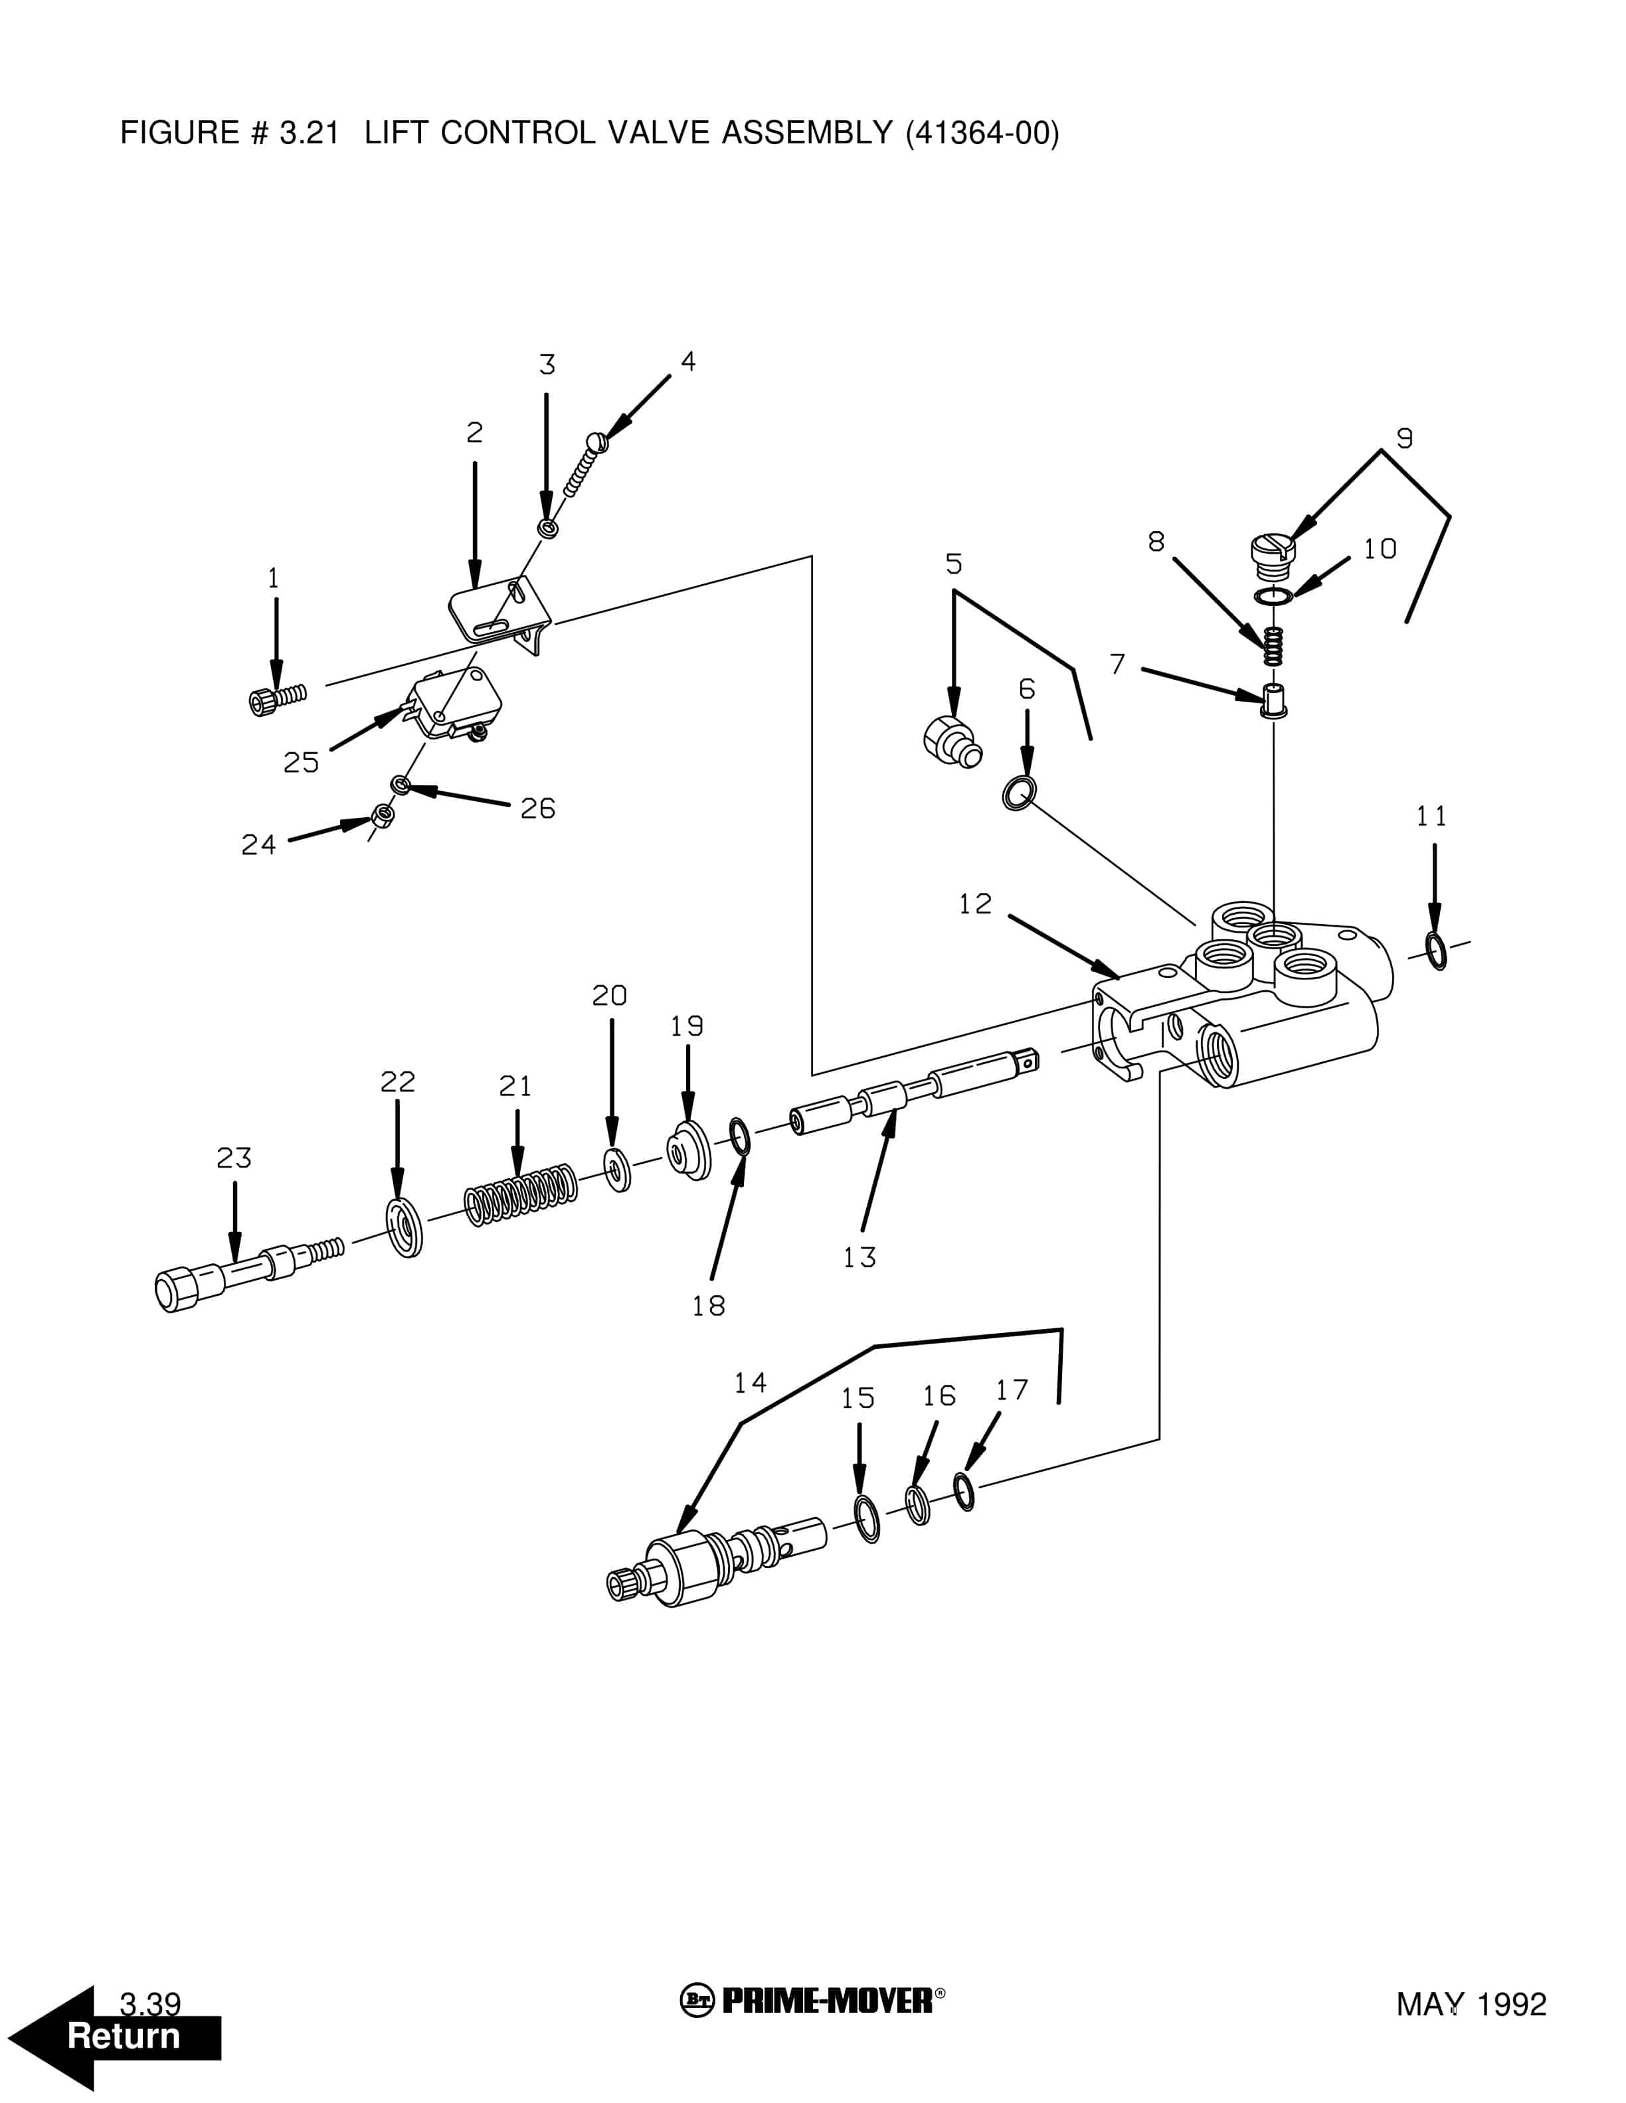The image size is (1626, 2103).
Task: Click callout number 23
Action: (x=234, y=1158)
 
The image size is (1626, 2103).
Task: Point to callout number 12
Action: (x=975, y=904)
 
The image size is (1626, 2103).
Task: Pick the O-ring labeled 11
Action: (x=1435, y=951)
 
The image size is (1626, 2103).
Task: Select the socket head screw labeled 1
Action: (x=276, y=699)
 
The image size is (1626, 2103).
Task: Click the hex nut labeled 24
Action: (x=383, y=816)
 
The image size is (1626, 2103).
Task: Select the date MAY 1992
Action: (x=1471, y=2005)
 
